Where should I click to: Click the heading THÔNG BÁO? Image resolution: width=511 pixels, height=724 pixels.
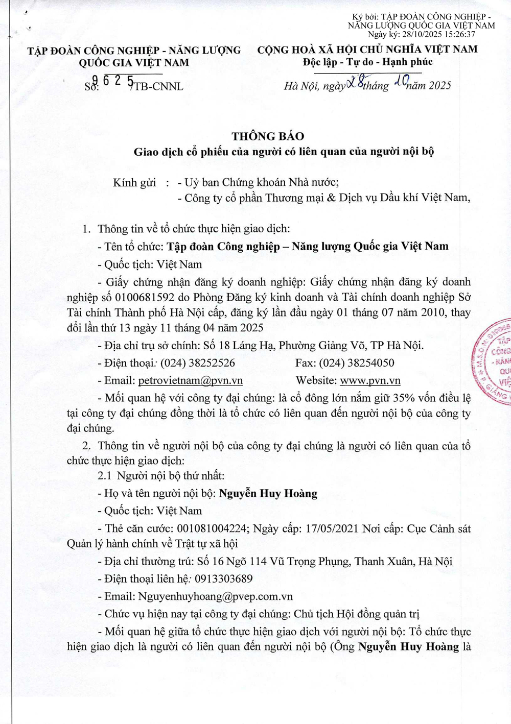(x=268, y=136)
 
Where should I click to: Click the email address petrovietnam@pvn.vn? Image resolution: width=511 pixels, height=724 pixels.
(x=190, y=380)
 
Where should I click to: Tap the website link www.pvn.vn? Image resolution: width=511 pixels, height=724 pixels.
(x=370, y=380)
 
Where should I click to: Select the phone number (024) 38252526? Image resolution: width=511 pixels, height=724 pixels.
(x=198, y=363)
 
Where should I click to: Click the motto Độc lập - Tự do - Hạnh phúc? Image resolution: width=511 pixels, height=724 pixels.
(x=367, y=62)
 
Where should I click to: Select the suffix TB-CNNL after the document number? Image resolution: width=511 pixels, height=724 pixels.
(x=158, y=86)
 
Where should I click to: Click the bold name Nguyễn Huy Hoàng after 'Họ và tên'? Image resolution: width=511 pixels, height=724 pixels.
(x=268, y=493)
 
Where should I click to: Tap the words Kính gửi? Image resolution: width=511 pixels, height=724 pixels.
(x=134, y=183)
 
